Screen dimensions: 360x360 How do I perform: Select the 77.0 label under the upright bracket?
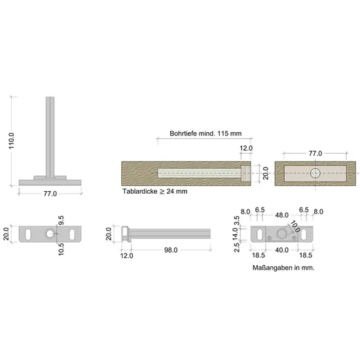coord(50,194)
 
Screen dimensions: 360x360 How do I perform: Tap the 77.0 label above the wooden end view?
coord(315,153)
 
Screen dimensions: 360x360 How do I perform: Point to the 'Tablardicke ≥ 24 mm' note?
coord(154,192)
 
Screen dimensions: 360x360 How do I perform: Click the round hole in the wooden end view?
coord(315,173)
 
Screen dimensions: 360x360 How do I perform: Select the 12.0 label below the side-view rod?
coord(126,255)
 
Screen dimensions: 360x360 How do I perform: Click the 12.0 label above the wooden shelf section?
coord(245,149)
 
